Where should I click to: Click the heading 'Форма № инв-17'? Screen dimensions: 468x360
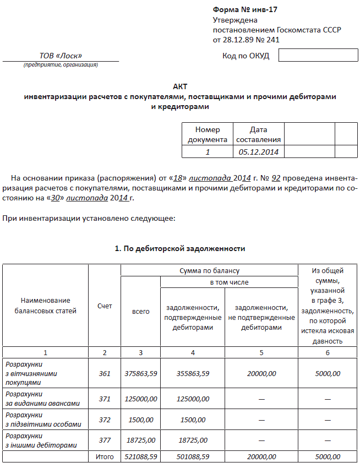point(241,10)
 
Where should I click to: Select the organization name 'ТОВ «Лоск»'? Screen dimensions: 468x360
point(61,56)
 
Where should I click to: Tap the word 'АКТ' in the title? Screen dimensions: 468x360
point(180,87)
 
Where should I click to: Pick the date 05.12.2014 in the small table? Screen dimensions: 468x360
point(259,151)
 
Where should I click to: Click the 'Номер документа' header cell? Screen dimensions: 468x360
point(208,134)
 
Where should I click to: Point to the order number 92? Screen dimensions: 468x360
point(276,178)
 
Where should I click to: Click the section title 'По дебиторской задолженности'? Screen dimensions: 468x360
point(179,249)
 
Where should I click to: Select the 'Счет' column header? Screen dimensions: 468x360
point(105,306)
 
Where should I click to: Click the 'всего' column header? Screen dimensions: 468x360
point(140,312)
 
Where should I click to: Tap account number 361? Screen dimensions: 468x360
point(105,373)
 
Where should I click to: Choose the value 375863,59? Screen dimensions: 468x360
point(140,373)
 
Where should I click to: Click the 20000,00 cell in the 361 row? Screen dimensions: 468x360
point(261,373)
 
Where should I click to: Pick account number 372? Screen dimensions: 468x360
point(105,420)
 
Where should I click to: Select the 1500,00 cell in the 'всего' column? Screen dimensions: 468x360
point(140,420)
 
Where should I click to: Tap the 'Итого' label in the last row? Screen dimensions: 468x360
point(105,456)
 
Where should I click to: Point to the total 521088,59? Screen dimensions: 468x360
point(140,456)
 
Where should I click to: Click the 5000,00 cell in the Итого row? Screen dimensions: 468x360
point(328,456)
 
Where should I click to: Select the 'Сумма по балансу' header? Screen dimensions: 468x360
point(209,271)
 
